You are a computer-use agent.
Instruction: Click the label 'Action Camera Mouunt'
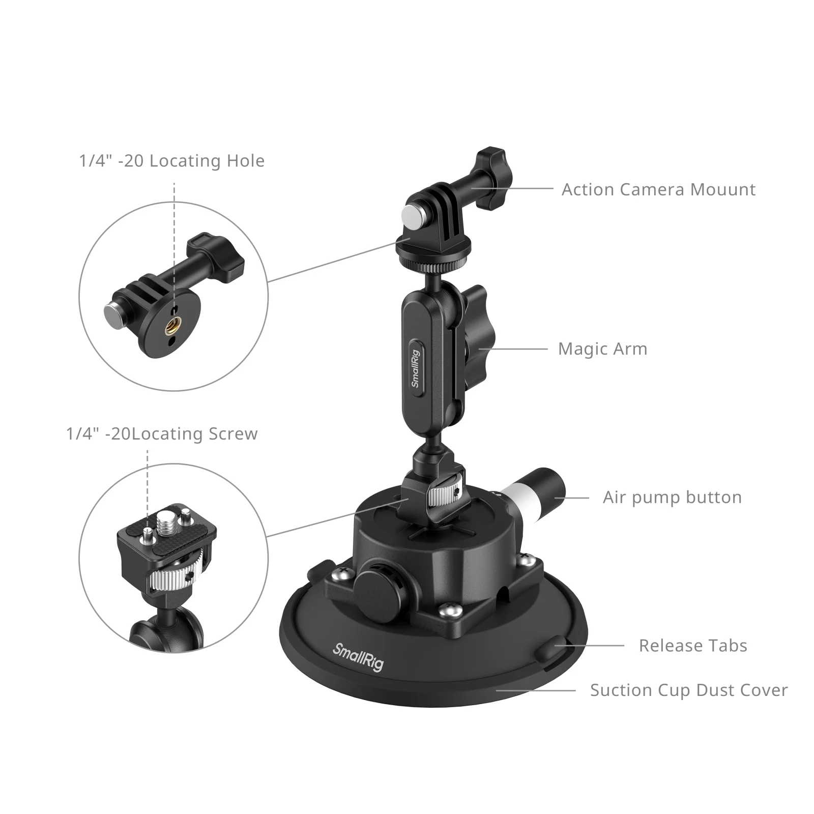point(658,189)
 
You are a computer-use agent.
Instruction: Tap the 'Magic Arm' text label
point(602,349)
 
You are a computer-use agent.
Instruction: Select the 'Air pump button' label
point(672,497)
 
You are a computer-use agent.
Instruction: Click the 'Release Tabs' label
point(692,646)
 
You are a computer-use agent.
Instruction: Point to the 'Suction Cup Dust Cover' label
point(688,690)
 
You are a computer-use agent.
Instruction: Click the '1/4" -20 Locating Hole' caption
point(171,161)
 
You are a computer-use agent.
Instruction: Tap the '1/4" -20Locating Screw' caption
point(162,434)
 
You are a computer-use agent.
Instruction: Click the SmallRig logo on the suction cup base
point(358,657)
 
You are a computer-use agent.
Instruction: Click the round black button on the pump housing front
point(377,586)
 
